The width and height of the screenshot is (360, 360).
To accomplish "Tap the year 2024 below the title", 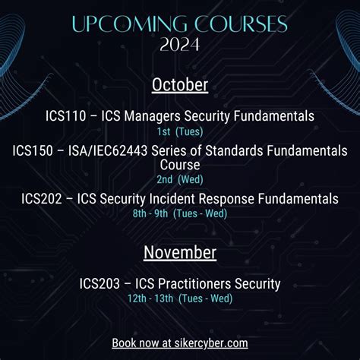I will pos(180,44).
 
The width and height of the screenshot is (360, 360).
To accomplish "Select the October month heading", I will pos(180,84).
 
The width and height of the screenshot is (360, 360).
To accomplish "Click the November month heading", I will pos(180,251).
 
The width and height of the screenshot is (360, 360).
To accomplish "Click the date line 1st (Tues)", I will pos(180,130).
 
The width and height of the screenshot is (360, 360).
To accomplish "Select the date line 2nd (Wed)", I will pos(180,180).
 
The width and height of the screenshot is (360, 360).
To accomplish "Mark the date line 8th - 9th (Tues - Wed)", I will pos(180,213).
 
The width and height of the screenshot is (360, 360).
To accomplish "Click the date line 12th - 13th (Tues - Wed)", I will pos(180,298).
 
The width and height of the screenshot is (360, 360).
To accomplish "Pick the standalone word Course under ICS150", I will pos(180,164).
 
